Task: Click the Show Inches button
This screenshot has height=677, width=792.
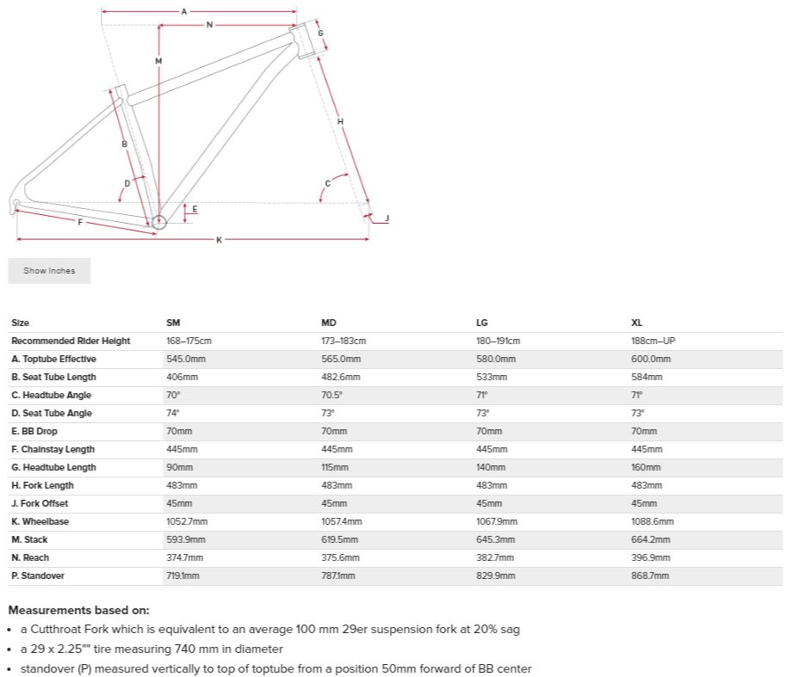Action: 49,271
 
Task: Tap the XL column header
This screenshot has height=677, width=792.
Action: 637,323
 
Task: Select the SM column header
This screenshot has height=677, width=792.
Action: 173,323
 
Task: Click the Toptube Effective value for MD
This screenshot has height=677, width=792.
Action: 341,359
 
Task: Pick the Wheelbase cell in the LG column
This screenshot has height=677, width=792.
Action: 497,521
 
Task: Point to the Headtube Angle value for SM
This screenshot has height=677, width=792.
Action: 173,395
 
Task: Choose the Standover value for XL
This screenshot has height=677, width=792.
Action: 650,575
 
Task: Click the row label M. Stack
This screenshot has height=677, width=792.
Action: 29,539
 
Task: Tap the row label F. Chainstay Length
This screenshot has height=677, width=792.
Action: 53,449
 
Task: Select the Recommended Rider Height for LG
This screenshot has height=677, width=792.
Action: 498,341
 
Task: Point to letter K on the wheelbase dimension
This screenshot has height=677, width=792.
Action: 219,239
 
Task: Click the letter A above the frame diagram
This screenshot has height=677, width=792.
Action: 184,11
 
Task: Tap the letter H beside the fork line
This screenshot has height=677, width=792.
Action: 341,121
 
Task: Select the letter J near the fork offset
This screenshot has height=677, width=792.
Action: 387,218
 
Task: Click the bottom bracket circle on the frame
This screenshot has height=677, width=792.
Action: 158,223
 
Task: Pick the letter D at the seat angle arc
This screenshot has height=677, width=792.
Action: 127,183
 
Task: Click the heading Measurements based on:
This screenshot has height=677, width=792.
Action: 78,610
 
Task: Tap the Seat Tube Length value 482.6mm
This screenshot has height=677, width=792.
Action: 341,377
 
